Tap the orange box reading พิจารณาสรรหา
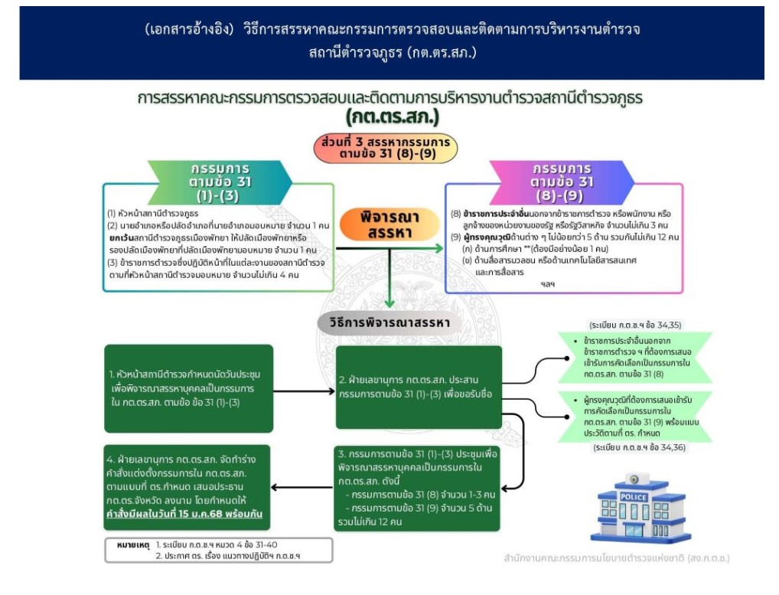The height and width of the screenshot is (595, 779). tap(390, 224)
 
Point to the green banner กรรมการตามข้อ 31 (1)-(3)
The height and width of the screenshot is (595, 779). tap(220, 181)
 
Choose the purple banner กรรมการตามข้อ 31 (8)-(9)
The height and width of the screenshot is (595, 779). tap(562, 181)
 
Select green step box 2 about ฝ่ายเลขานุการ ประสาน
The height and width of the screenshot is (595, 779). tap(419, 387)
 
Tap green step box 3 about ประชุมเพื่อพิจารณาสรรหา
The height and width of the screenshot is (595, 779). tap(416, 486)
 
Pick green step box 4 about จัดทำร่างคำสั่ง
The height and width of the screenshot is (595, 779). tap(188, 486)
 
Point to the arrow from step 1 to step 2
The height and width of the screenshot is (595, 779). tap(305, 388)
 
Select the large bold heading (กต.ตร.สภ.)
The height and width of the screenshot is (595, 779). tap(390, 119)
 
